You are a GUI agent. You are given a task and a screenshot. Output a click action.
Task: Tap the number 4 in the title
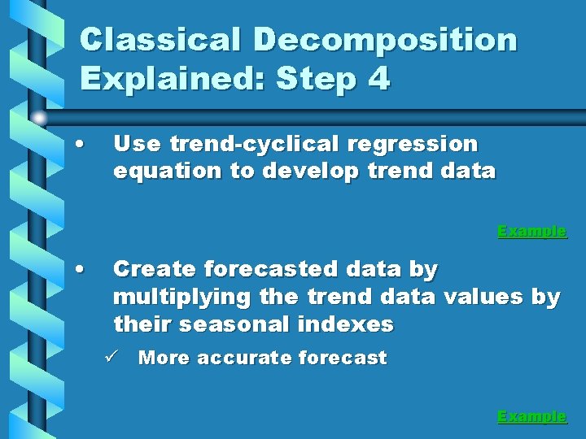click(378, 79)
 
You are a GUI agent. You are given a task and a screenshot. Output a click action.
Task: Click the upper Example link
click(531, 231)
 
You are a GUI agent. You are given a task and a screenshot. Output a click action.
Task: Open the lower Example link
click(531, 416)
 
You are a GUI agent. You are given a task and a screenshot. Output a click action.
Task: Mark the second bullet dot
click(77, 269)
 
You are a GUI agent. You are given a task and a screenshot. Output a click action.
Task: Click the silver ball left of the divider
click(40, 119)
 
